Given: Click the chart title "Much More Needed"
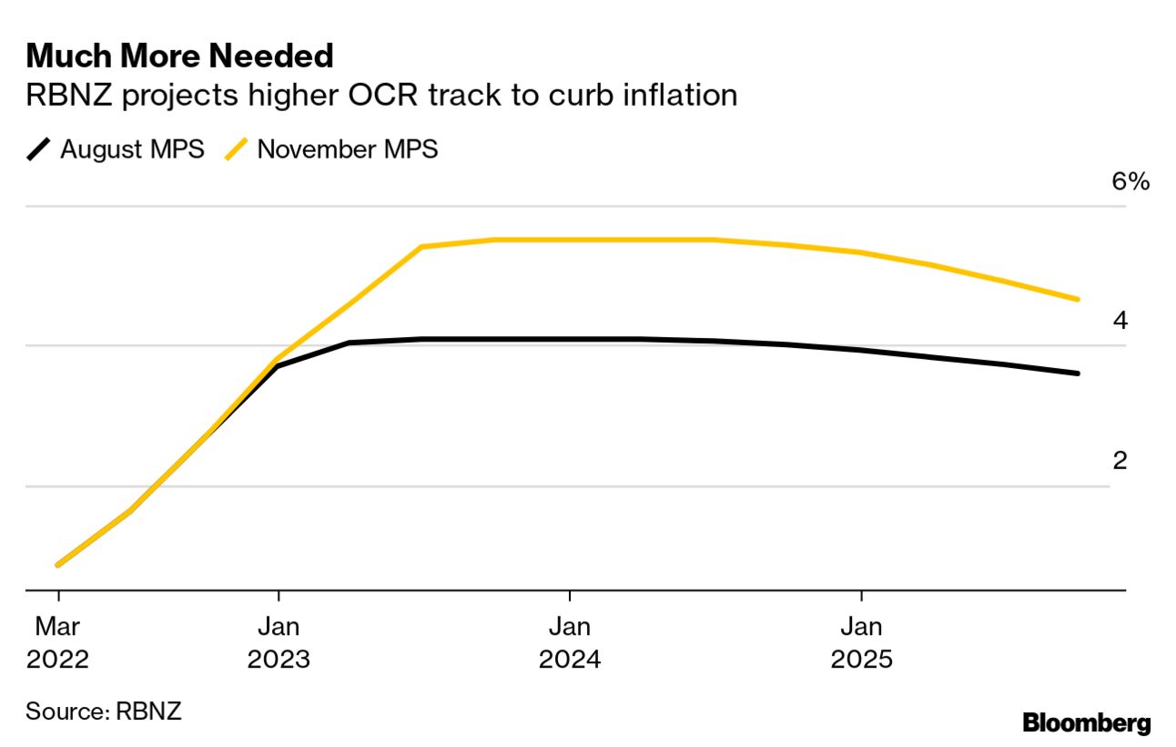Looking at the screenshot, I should [180, 56].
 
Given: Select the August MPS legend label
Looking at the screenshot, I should [132, 149].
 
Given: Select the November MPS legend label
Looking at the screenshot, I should [348, 149].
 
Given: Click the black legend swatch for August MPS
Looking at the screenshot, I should [39, 149].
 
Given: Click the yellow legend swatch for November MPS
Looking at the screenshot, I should [236, 149].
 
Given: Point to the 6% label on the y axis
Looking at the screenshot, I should [1130, 181].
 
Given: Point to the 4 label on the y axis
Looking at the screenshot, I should [1120, 321].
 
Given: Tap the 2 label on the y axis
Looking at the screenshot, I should [1120, 460].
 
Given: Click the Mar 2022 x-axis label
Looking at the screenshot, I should [58, 642].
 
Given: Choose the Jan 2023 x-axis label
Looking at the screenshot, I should [279, 642].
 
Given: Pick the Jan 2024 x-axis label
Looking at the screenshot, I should [570, 642].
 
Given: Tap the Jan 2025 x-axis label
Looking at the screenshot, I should [861, 642].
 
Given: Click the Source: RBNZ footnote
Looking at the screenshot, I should [104, 711].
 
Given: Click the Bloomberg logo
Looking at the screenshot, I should [1087, 723].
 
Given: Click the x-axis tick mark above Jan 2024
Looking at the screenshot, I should [570, 596].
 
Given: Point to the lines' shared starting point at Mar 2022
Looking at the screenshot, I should [58, 565].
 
